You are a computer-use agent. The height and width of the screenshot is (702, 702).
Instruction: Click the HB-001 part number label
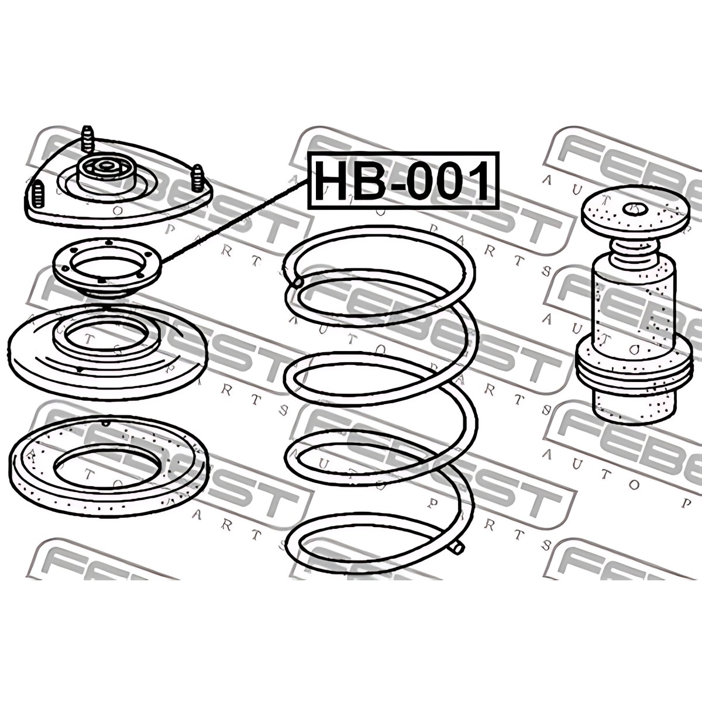[403, 181]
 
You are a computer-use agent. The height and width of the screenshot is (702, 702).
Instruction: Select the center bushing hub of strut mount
[106, 170]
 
